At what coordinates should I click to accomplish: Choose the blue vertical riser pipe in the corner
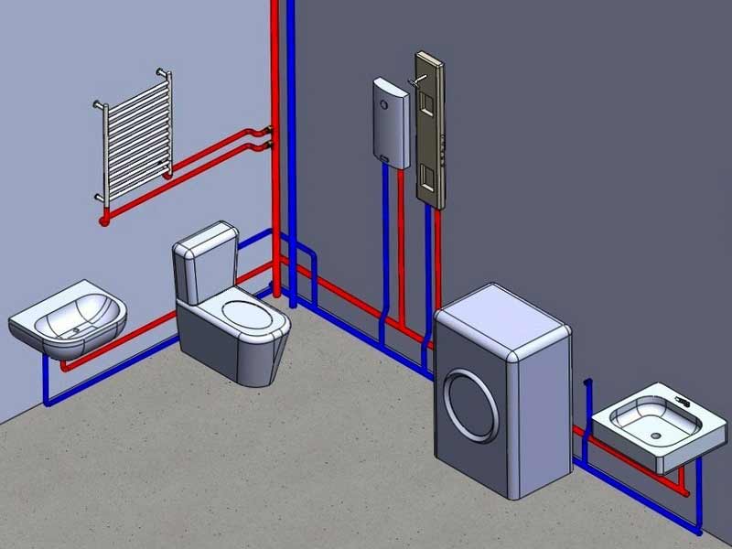(x=291, y=91)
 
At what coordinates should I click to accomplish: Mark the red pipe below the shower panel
(x=436, y=256)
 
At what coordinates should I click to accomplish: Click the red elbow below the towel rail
(x=105, y=218)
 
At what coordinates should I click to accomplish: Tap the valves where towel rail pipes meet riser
(x=267, y=138)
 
